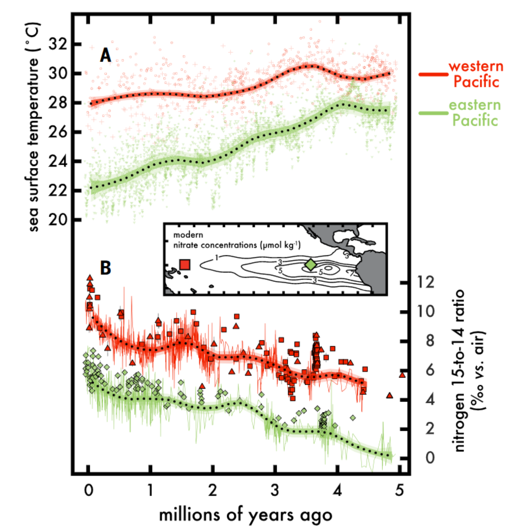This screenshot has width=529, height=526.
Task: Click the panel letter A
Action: point(106,55)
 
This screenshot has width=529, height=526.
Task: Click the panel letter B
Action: point(106,267)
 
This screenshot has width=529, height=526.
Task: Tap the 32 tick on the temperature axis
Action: point(58,44)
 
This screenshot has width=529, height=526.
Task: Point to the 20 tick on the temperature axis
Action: point(58,220)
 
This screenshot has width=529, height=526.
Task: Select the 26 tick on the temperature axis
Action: point(58,132)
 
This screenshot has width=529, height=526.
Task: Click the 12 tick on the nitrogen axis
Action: point(426,282)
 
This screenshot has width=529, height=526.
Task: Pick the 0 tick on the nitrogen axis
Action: point(430,458)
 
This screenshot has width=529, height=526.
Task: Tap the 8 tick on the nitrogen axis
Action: point(430,341)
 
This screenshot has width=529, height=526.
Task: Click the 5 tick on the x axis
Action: point(399,491)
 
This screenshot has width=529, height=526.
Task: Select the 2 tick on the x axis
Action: point(212,491)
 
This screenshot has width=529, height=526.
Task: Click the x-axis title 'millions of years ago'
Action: point(246,515)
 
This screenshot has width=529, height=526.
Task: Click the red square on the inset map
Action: point(185,265)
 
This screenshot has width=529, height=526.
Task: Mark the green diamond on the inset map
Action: point(311,265)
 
